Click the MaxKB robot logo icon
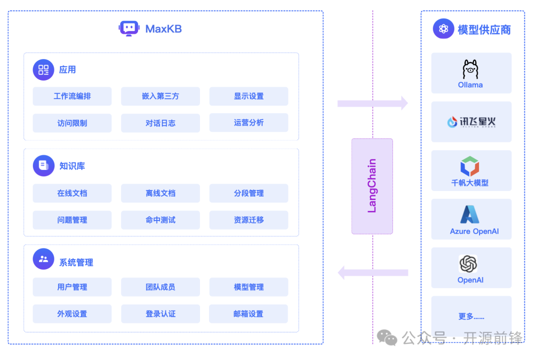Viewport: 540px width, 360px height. pyautogui.click(x=129, y=28)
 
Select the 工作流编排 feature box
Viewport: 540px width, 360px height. pyautogui.click(x=72, y=96)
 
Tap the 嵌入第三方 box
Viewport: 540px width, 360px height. pyautogui.click(x=160, y=96)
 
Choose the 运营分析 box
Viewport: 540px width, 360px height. pyautogui.click(x=248, y=123)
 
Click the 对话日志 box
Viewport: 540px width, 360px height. pyautogui.click(x=160, y=123)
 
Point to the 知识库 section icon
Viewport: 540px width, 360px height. pyautogui.click(x=43, y=165)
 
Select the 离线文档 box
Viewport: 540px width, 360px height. pyautogui.click(x=160, y=193)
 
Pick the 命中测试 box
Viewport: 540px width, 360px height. pyautogui.click(x=160, y=220)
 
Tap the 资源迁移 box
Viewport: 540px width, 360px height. pyautogui.click(x=248, y=220)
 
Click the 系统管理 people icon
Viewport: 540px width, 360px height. pyautogui.click(x=43, y=259)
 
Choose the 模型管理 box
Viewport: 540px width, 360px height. pyautogui.click(x=248, y=287)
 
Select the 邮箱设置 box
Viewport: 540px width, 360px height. pyautogui.click(x=248, y=314)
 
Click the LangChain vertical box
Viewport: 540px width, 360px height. pyautogui.click(x=372, y=186)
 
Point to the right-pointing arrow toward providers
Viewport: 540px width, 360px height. pyautogui.click(x=372, y=103)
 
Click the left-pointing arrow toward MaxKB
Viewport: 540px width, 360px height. pyautogui.click(x=372, y=272)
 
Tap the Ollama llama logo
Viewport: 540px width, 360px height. pyautogui.click(x=470, y=69)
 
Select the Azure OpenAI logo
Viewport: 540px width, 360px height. pyautogui.click(x=470, y=215)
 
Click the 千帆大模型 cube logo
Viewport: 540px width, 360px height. pyautogui.click(x=470, y=166)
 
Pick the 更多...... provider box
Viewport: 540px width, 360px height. pyautogui.click(x=471, y=316)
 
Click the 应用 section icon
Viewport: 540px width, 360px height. pyautogui.click(x=43, y=69)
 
